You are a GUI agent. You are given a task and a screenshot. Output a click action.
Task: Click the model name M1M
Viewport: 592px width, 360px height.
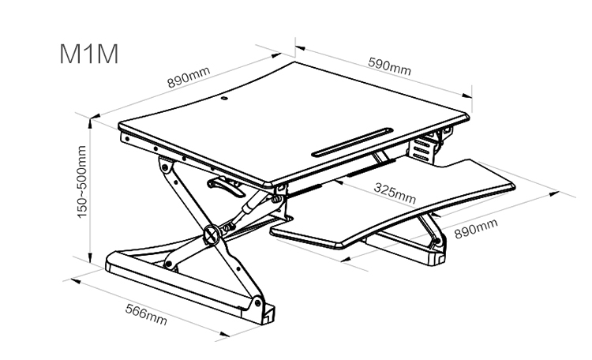[89, 54]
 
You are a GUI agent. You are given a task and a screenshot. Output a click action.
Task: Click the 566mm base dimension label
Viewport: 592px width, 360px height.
[146, 315]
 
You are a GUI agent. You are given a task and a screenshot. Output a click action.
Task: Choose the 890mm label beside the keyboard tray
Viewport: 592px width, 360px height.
[476, 229]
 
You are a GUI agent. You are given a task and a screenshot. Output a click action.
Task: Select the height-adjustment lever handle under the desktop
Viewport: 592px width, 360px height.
[225, 188]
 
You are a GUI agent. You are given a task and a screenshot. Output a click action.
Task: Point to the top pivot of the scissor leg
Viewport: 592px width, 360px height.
[166, 168]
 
